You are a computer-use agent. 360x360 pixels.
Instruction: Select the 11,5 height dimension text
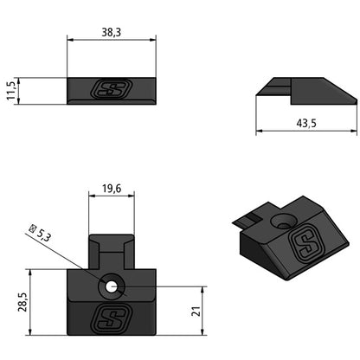coord(11,91)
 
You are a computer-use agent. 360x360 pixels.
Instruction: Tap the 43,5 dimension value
coord(306,124)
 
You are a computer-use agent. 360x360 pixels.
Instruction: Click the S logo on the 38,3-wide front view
coord(112,90)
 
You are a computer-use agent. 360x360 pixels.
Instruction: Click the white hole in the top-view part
coord(112,283)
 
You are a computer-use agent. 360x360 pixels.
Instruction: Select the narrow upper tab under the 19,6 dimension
coord(112,251)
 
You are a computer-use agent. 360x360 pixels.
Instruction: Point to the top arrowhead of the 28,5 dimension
coord(31,271)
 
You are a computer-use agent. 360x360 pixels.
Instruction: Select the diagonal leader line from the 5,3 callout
coord(78,260)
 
